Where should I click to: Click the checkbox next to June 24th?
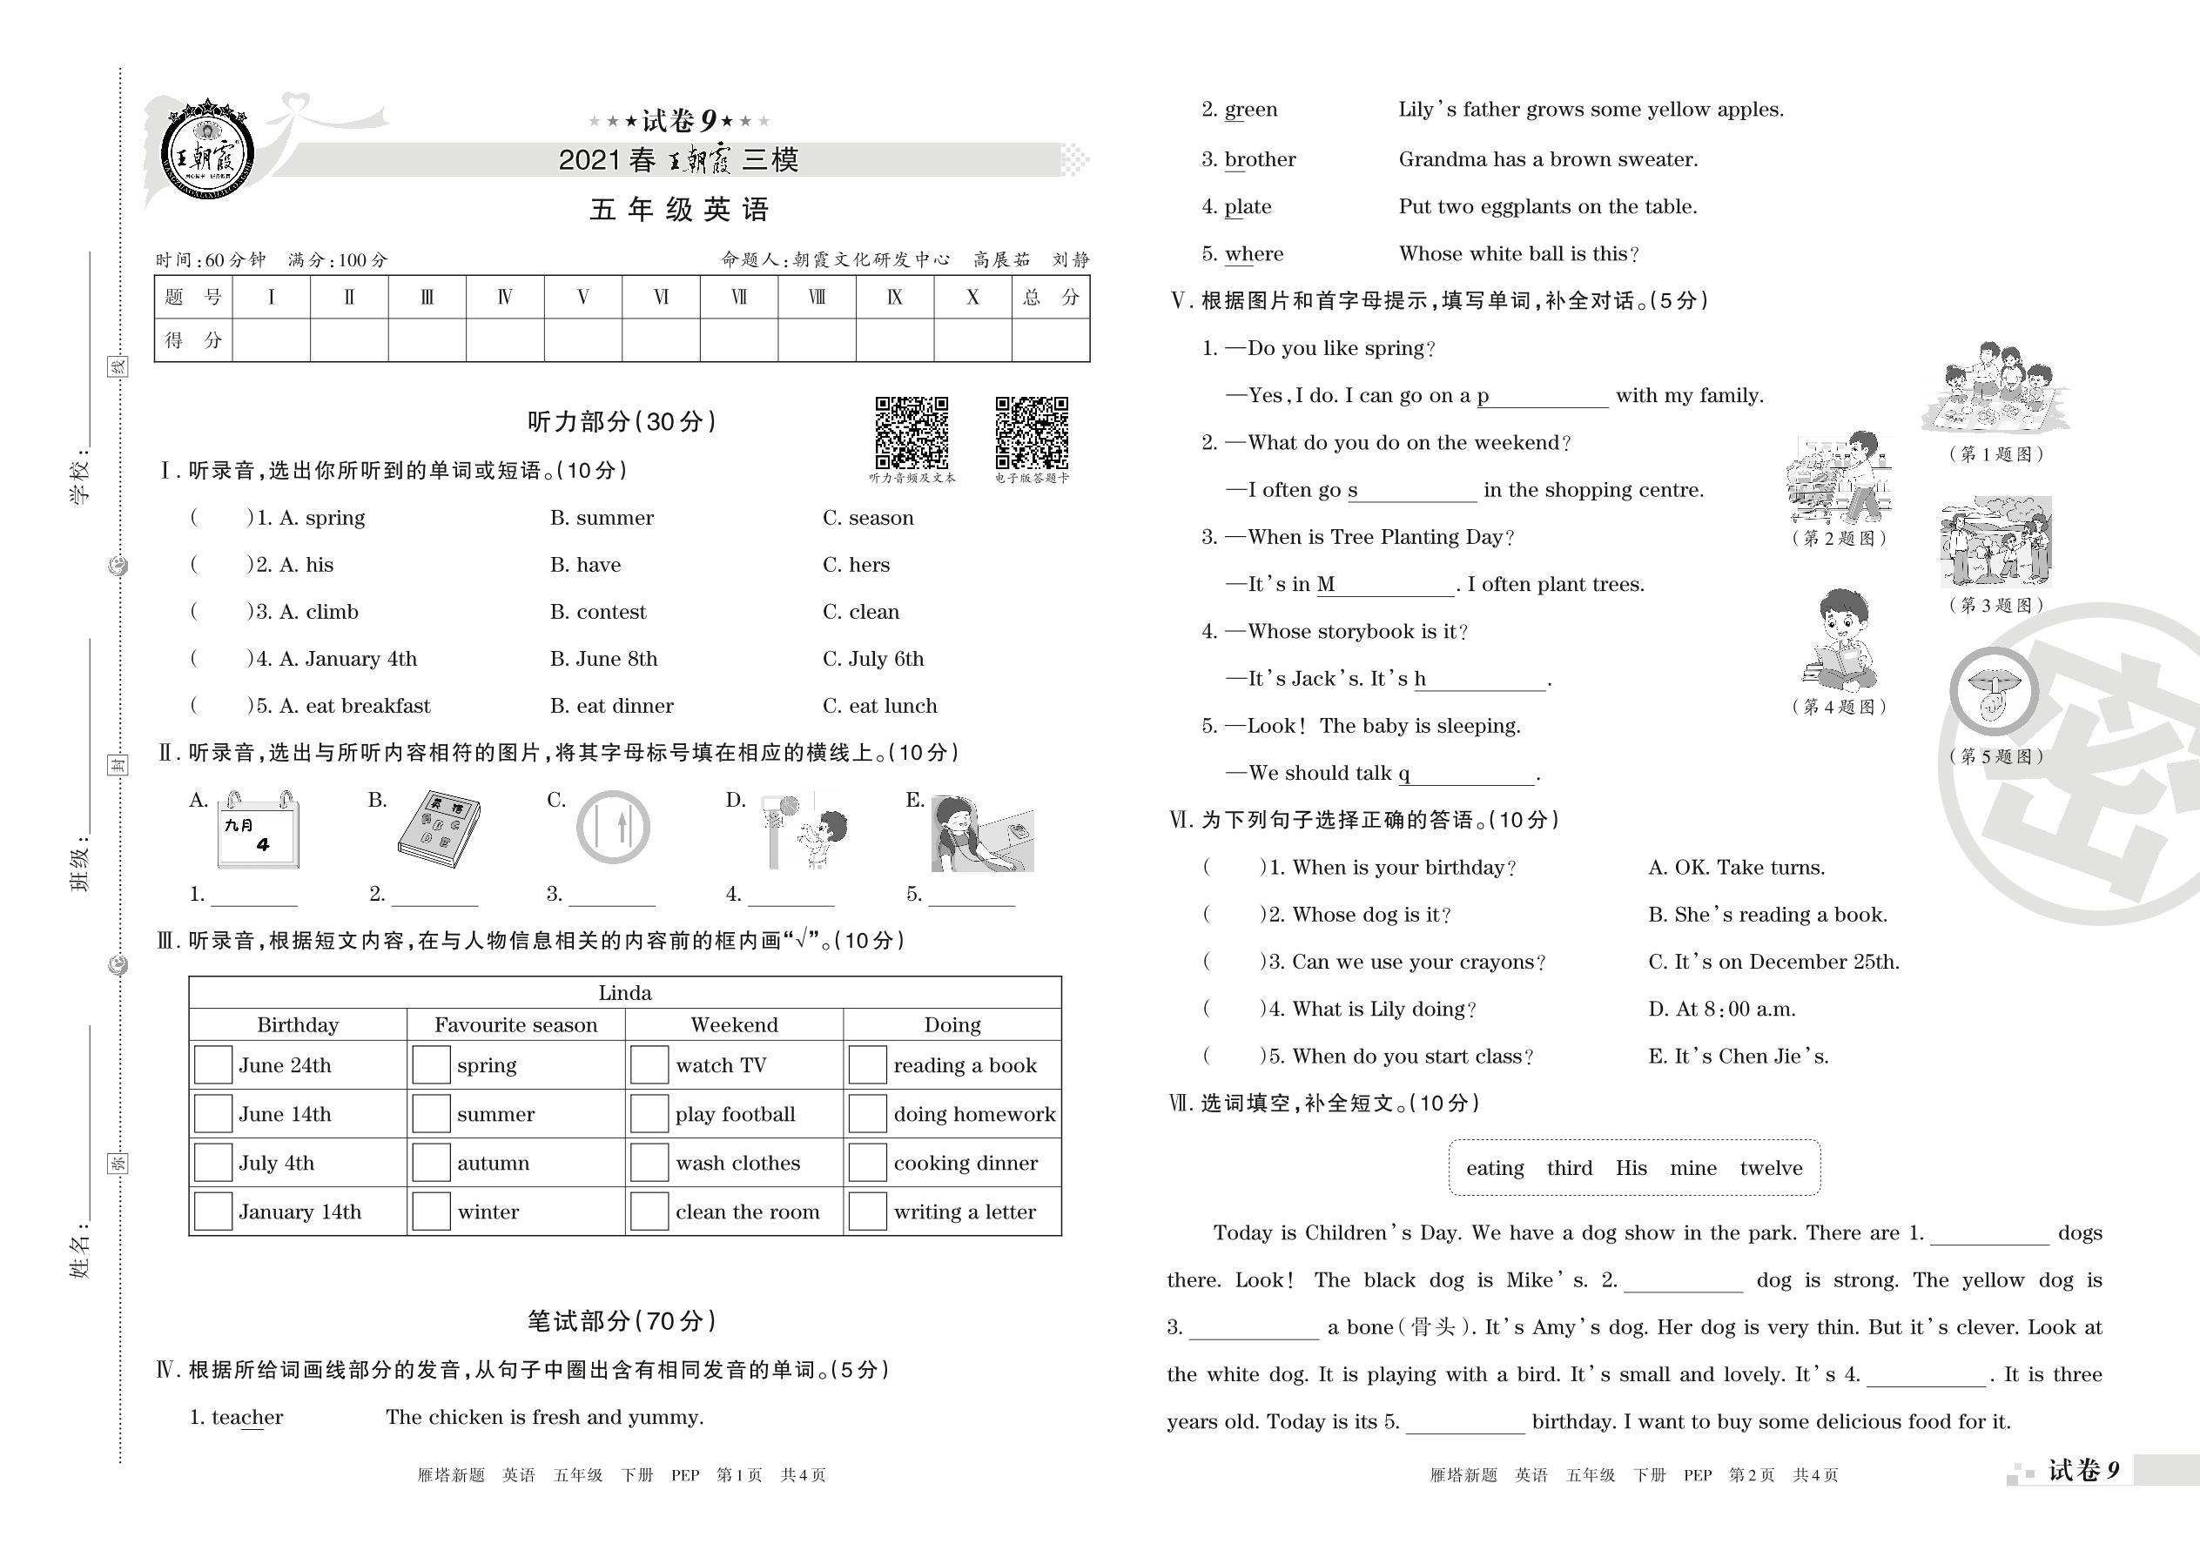click(213, 1065)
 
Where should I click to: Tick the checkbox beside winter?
click(431, 1211)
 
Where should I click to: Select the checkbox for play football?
click(649, 1114)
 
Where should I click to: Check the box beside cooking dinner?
click(867, 1163)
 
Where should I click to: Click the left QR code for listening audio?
click(911, 433)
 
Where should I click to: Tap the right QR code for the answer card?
click(1031, 433)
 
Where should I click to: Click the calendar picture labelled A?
click(258, 831)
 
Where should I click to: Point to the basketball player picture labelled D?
click(804, 831)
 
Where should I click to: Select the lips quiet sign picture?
click(1994, 691)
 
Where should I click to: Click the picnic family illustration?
click(1994, 388)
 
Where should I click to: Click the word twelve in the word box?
click(1770, 1168)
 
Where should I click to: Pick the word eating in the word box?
click(1494, 1168)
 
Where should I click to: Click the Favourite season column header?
click(515, 1025)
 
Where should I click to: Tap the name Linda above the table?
click(624, 993)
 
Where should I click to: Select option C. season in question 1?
click(867, 518)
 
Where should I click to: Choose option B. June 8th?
click(603, 659)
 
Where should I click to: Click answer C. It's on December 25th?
click(1773, 962)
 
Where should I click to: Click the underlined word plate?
click(1248, 207)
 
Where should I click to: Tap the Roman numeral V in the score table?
click(583, 297)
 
